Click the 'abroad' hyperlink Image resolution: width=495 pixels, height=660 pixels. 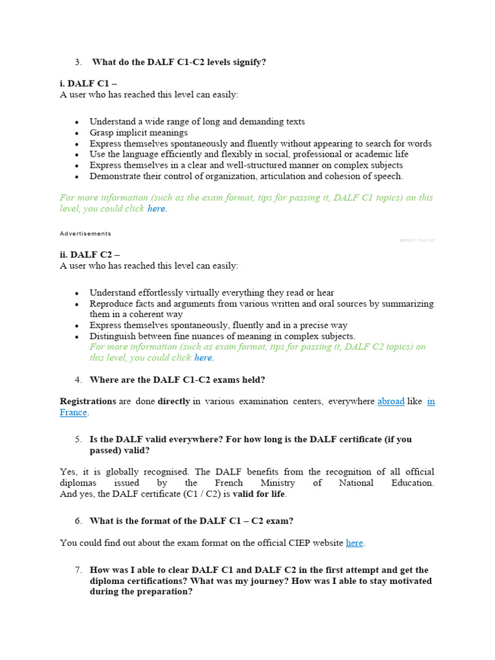(391, 402)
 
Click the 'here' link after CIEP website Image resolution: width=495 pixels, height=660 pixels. (354, 543)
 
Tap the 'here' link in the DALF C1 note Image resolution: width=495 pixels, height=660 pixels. (156, 209)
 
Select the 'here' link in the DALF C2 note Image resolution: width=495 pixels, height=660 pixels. (203, 358)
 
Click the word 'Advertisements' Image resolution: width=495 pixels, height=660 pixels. (85, 234)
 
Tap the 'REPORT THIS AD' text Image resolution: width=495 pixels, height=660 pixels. (417, 240)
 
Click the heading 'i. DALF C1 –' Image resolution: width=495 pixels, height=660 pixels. (88, 84)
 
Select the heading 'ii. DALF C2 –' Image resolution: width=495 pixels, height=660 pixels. (90, 255)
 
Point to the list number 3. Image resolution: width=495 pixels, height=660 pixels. (78, 62)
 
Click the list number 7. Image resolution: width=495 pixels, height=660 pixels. (78, 570)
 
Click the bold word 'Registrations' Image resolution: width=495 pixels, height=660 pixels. (88, 402)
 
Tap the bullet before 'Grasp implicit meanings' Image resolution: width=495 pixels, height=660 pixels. (77, 133)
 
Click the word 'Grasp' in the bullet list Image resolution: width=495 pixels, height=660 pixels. (102, 133)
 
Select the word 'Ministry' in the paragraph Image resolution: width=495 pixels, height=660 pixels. (277, 483)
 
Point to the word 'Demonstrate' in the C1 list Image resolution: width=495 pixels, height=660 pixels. (115, 176)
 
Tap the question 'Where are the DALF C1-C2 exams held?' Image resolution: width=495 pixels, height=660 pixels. (177, 380)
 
